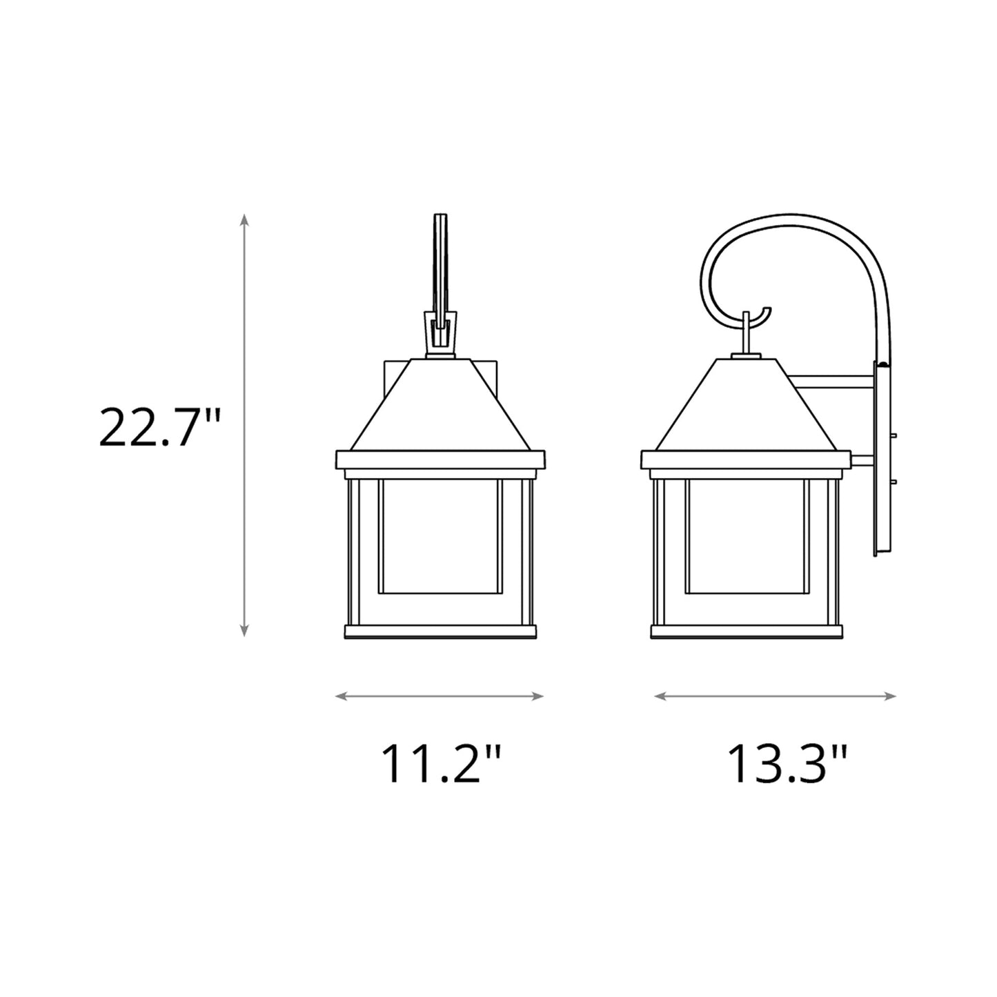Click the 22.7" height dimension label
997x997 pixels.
coord(159,427)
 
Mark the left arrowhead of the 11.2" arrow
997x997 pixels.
coord(339,696)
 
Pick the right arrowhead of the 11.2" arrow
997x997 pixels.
coord(540,696)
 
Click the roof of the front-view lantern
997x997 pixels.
coord(440,407)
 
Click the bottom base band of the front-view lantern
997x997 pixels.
coord(440,631)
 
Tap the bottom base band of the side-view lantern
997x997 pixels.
coord(747,631)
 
